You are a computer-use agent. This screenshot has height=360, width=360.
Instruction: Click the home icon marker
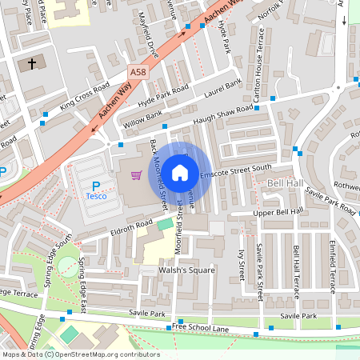pyautogui.click(x=180, y=172)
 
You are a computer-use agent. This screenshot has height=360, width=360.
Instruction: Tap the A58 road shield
pyautogui.click(x=137, y=71)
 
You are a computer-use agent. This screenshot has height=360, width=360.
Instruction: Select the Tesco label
pyautogui.click(x=95, y=196)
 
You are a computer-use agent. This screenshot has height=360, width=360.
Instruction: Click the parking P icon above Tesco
pyautogui.click(x=95, y=185)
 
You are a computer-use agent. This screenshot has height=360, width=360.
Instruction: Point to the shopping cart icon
pyautogui.click(x=136, y=174)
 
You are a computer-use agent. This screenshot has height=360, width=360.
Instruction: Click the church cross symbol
pyautogui.click(x=32, y=62)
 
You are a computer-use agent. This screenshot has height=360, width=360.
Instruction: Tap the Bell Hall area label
pyautogui.click(x=285, y=184)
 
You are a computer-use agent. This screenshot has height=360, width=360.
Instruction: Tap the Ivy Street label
pyautogui.click(x=240, y=265)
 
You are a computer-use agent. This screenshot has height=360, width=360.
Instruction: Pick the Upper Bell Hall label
pyautogui.click(x=278, y=212)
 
